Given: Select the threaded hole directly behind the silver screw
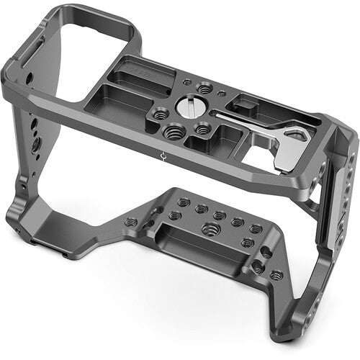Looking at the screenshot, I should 205,88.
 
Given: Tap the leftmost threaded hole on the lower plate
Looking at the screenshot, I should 132,222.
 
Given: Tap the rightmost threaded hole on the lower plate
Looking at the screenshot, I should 275,274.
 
